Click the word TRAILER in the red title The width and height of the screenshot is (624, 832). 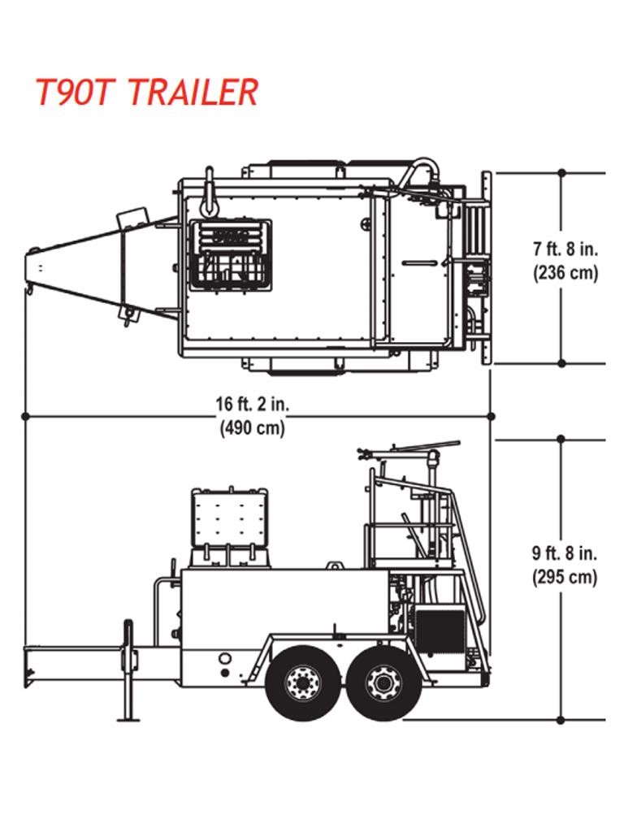[192, 92]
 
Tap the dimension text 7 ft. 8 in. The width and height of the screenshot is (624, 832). [565, 249]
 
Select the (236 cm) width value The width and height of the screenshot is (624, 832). [565, 272]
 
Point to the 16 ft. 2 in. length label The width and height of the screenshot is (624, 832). [253, 403]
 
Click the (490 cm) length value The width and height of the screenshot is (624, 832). [253, 428]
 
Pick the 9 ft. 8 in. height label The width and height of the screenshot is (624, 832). [565, 554]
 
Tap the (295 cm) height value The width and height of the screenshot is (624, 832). [565, 578]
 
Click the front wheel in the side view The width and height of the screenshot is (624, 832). [304, 683]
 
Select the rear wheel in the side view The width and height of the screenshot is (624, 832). [383, 683]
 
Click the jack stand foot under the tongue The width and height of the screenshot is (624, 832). [128, 717]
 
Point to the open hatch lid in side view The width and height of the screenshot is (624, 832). [229, 517]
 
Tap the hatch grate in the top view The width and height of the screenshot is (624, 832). [230, 253]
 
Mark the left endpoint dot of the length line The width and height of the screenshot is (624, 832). [25, 416]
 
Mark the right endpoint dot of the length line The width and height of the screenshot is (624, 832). [491, 416]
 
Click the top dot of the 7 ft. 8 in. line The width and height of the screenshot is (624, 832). [561, 173]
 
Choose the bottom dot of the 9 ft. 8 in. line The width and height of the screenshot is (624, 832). [561, 719]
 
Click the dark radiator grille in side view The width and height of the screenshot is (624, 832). [438, 630]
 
